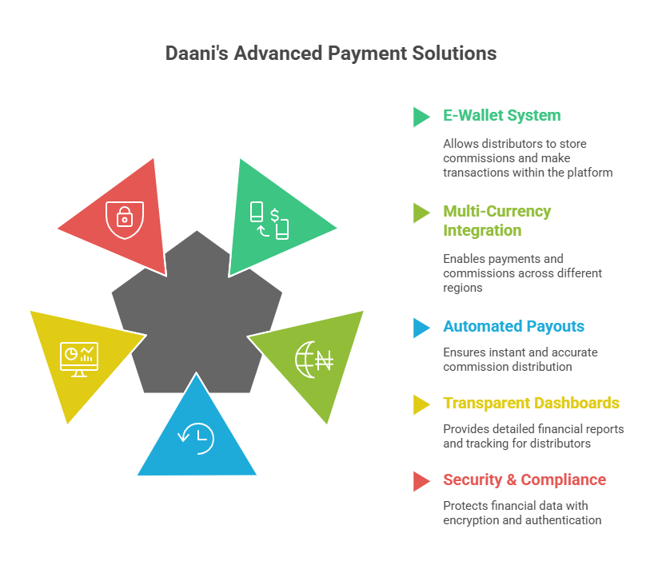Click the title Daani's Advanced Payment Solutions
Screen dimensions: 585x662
point(330,54)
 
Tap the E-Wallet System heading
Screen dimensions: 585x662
point(501,116)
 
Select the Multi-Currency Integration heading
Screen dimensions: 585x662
point(496,221)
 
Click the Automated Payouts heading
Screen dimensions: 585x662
point(513,327)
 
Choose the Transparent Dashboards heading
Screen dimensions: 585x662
point(531,404)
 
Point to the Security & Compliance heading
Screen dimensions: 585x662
point(524,480)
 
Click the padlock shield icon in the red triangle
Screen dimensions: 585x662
point(124,213)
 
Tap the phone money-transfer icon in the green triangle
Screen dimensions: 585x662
point(269,220)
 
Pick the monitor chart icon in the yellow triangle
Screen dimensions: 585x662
point(79,359)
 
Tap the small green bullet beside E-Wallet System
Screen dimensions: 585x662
point(421,117)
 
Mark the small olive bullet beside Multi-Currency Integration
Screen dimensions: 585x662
point(421,213)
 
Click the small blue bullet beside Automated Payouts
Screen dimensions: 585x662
point(421,328)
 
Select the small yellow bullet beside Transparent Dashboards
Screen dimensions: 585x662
point(421,404)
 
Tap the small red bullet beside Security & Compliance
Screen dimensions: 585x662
point(421,481)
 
